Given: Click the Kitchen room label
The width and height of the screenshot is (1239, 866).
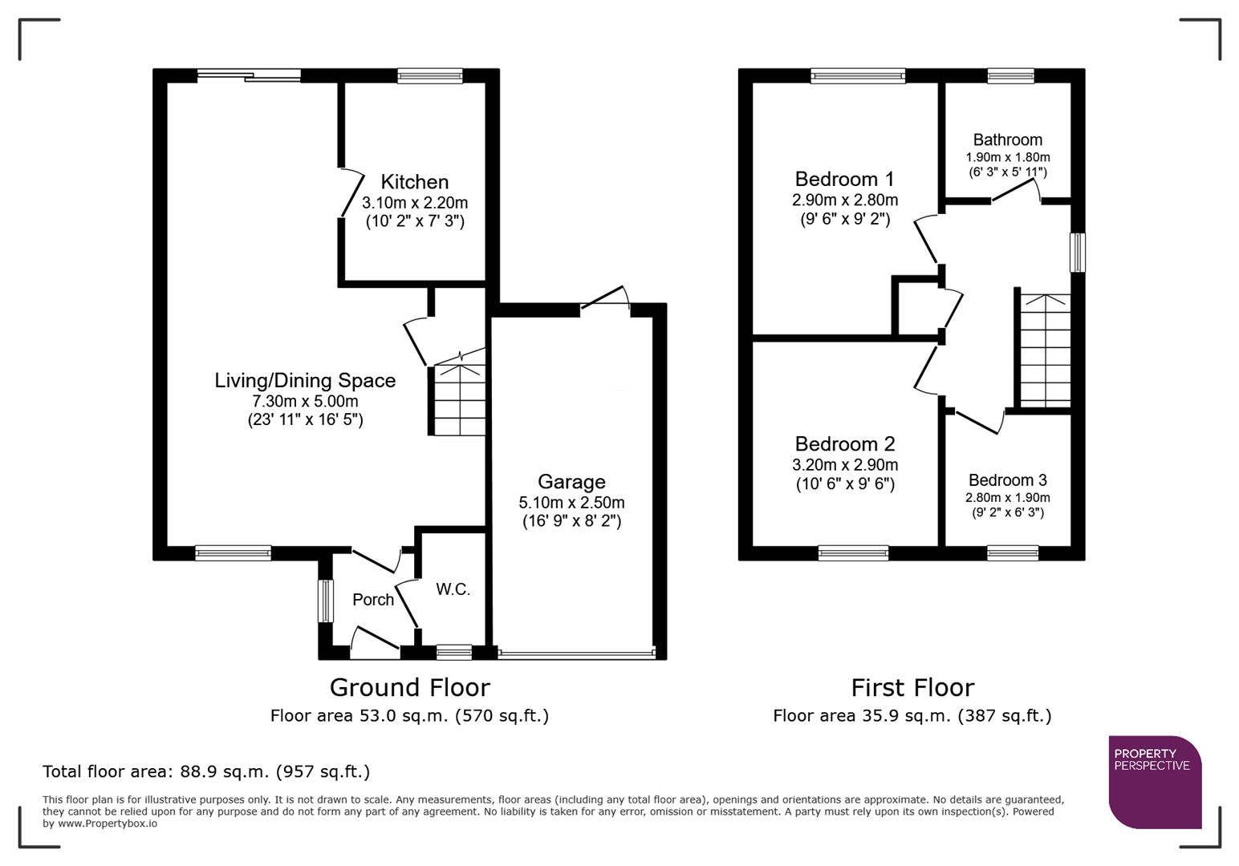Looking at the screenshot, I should click(414, 182).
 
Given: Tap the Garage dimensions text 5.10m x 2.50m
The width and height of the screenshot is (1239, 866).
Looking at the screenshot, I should click(571, 503).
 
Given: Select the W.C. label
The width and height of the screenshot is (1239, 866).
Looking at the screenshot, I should click(453, 589).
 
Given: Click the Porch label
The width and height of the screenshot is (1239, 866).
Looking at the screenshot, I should click(373, 600).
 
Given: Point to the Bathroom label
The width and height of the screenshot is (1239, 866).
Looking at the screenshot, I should click(1007, 140).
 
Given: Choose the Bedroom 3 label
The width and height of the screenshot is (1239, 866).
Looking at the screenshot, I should click(1007, 480).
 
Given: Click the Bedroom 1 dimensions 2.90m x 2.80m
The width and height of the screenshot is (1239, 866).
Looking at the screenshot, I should click(845, 200).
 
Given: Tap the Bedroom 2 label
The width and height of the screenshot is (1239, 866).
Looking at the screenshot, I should click(845, 443).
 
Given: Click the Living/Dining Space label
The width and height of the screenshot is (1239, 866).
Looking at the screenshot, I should click(305, 380).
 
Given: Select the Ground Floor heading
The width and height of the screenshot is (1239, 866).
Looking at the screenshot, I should click(409, 687).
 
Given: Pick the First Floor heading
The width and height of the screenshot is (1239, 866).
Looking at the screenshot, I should click(912, 687).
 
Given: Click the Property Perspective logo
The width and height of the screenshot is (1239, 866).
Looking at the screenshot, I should click(1155, 782).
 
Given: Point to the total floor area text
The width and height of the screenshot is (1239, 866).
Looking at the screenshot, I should click(206, 771).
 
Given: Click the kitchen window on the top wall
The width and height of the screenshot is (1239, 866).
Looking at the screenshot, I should click(430, 76).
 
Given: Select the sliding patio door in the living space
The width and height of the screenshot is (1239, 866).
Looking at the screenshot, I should click(249, 76).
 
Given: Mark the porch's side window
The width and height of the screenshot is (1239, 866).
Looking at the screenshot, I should click(325, 601).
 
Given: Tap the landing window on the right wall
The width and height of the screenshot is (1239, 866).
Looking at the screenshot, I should click(1078, 252).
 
